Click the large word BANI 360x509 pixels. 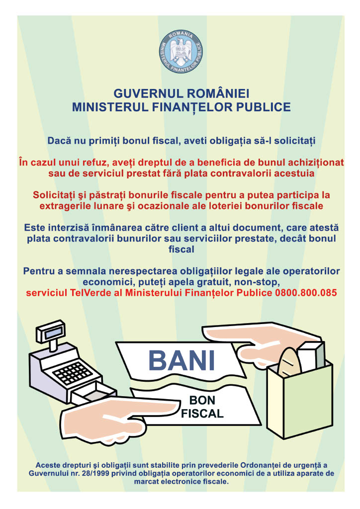tap(182, 361)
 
